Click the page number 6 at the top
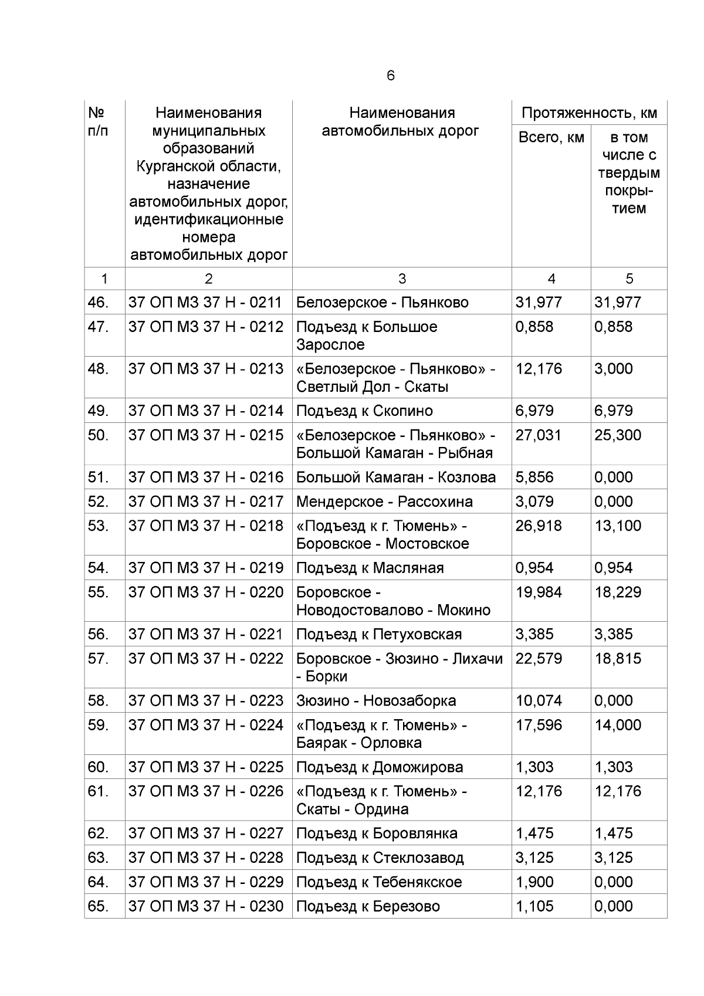[391, 76]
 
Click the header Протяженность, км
[589, 113]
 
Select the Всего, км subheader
[551, 137]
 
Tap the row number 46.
[98, 303]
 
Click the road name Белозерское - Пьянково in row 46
[382, 303]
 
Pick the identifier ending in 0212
[206, 327]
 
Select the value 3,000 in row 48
[613, 369]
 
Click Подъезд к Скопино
[364, 411]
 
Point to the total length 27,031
[538, 435]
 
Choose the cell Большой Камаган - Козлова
[395, 477]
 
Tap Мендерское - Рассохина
[384, 502]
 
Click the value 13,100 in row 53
[617, 526]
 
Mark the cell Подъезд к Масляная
[370, 568]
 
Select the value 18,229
[617, 592]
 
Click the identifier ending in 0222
[206, 659]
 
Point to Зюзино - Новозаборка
[375, 700]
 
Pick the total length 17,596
[538, 725]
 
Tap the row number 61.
[98, 791]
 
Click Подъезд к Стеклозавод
[380, 858]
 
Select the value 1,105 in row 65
[534, 906]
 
